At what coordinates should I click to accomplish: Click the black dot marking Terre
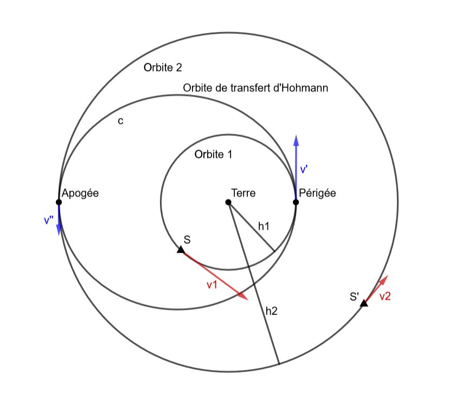point(228,202)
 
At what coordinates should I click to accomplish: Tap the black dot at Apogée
point(59,202)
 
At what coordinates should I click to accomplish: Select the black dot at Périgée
point(296,202)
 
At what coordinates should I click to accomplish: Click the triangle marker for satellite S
point(181,250)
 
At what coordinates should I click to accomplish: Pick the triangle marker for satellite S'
point(364,303)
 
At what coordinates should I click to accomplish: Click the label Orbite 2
point(163,68)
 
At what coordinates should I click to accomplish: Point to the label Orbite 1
point(214,155)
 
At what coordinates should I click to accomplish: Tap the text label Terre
point(244,193)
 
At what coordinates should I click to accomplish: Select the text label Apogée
point(80,193)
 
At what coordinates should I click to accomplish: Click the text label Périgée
point(317,193)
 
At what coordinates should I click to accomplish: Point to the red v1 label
point(212,285)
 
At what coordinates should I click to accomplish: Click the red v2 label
point(385,297)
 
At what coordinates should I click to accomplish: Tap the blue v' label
point(304,170)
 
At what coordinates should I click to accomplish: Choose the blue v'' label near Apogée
point(49,220)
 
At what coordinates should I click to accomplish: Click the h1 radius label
point(264,226)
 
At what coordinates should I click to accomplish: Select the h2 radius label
point(272,311)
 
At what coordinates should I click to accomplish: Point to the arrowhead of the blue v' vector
point(296,141)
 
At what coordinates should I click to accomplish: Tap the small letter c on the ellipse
point(120,121)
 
